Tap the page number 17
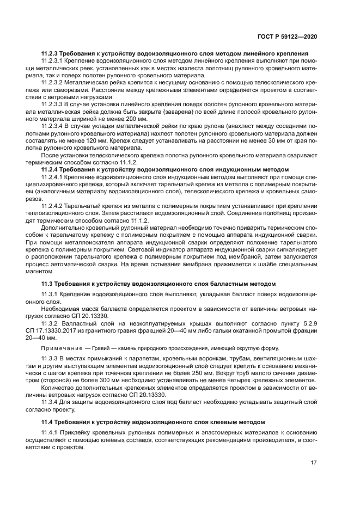click(314, 463)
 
